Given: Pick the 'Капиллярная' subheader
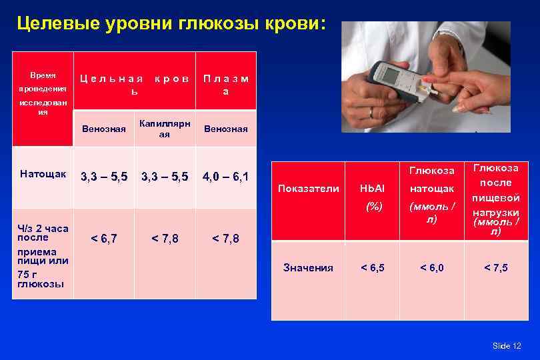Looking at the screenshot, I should click(165, 129).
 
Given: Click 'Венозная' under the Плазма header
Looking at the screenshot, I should click(225, 129).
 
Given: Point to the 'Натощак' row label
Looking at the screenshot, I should click(43, 174).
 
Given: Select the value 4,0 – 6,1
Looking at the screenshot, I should click(225, 177).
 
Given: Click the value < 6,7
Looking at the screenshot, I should click(103, 239).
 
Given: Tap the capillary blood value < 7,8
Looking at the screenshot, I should click(165, 239).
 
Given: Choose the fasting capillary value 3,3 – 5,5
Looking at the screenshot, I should click(165, 177).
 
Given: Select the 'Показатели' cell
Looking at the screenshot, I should click(309, 189).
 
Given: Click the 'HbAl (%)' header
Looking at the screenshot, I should click(371, 198).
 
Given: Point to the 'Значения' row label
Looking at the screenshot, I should click(308, 267).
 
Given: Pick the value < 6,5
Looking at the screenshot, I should click(371, 267).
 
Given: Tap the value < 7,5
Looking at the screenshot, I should click(495, 267).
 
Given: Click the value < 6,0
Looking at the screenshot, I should click(431, 267).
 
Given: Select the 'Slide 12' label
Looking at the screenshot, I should click(506, 345).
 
